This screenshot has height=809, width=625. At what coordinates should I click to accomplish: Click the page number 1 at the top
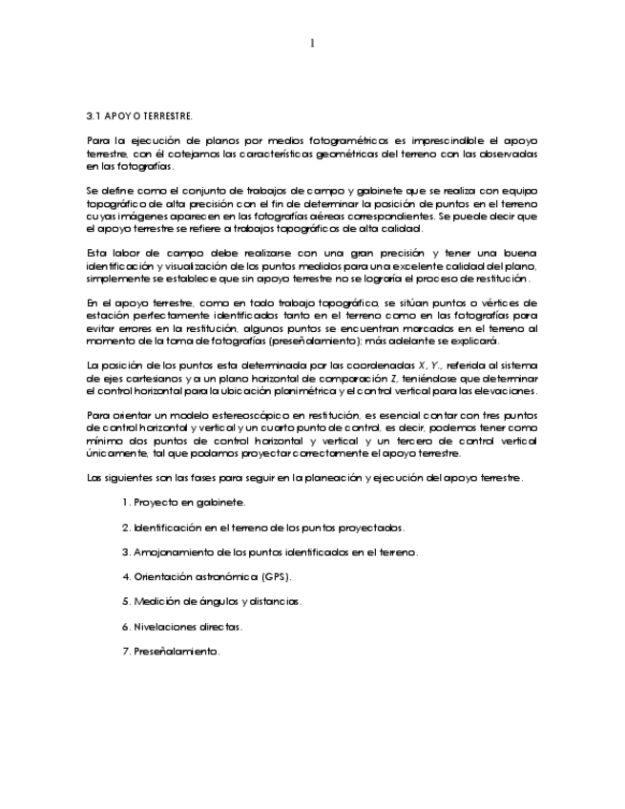(x=312, y=43)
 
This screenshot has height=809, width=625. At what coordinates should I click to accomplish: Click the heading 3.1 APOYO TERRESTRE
(x=138, y=116)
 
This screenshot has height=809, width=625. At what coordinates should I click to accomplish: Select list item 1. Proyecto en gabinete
(x=183, y=502)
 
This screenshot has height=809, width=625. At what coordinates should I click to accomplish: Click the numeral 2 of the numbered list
(x=125, y=527)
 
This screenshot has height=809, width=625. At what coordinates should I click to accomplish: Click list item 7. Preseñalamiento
(x=170, y=653)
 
